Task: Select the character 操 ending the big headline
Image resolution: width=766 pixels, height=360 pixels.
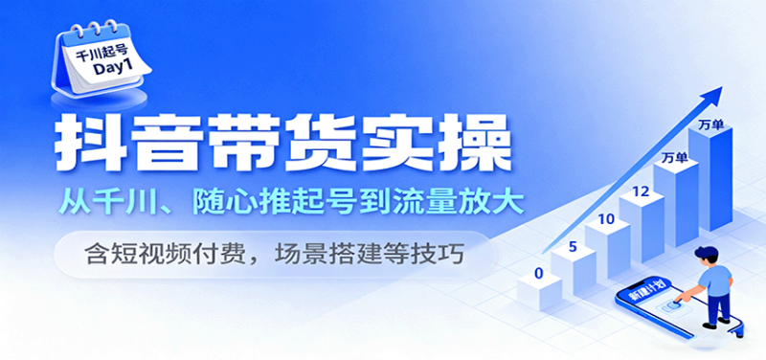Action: point(469,141)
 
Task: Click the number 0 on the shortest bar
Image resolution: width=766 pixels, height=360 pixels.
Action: point(539,274)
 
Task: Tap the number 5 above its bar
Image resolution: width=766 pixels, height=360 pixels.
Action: point(572,247)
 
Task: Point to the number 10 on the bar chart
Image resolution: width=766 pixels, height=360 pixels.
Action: point(605,219)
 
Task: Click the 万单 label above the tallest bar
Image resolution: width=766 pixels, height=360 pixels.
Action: point(710,124)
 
